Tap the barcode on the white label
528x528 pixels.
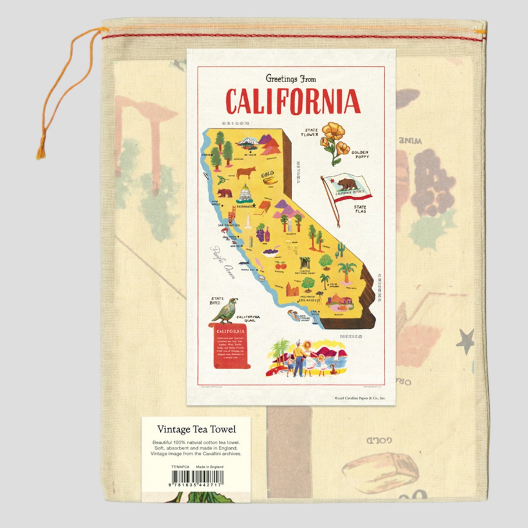pos(197,476)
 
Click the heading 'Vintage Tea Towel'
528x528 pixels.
pos(197,429)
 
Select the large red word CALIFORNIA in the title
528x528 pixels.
pos(293,101)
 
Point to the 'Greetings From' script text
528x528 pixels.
pos(291,78)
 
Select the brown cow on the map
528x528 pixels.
pos(246,172)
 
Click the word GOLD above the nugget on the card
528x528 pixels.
pos(267,174)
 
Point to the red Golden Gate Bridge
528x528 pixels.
pos(231,215)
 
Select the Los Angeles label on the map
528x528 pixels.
pos(309,300)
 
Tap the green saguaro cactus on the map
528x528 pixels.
pos(340,250)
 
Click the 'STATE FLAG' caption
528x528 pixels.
pos(360,209)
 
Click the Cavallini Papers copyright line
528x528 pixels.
pos(360,398)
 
